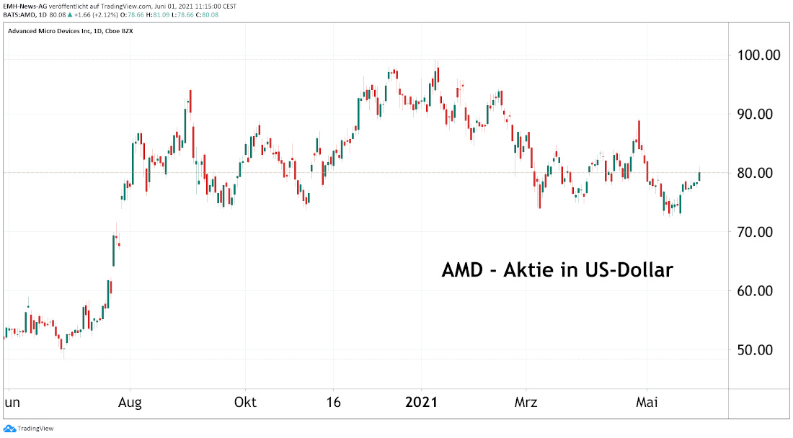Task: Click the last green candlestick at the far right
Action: pos(699,175)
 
